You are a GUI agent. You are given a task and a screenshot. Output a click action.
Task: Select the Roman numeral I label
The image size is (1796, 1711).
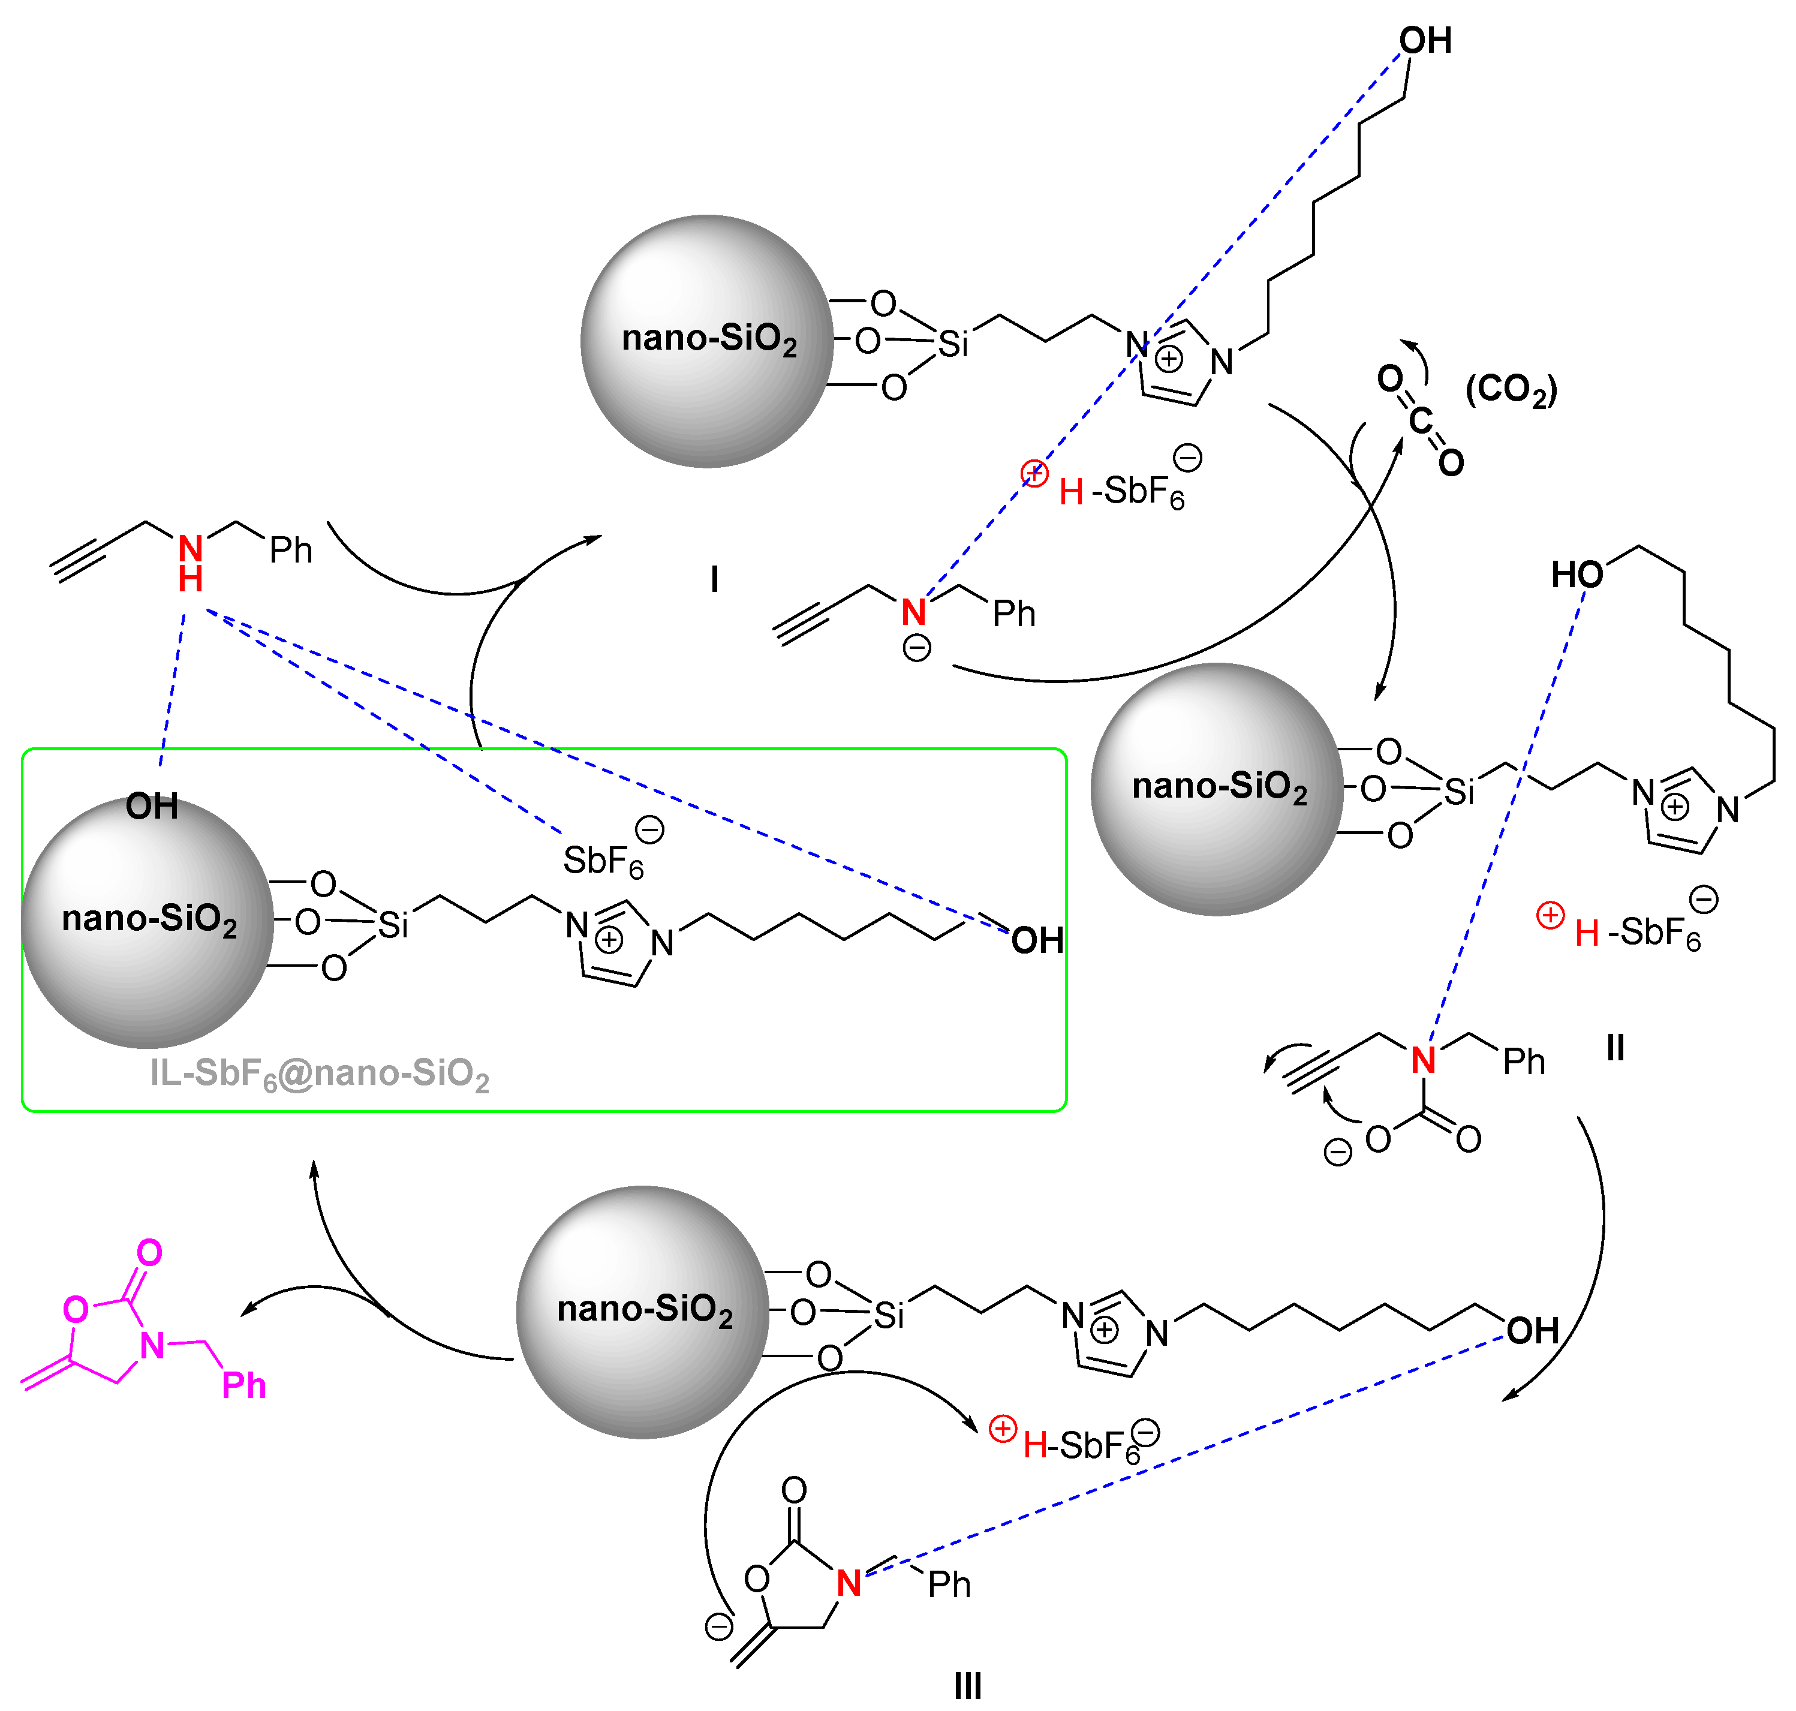(x=714, y=579)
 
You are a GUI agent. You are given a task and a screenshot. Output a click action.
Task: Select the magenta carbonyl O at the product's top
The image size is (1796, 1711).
(x=149, y=1253)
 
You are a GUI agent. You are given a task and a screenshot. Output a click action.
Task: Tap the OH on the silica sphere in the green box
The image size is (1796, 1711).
(x=151, y=806)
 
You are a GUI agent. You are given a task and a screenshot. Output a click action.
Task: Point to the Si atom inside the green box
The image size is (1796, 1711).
(x=393, y=926)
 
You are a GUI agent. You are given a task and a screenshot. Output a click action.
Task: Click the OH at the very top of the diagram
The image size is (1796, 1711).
(x=1425, y=41)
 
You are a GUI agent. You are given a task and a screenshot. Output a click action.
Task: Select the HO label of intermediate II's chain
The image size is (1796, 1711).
(x=1577, y=575)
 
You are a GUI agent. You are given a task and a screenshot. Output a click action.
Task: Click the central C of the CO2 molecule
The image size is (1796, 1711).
(x=1420, y=420)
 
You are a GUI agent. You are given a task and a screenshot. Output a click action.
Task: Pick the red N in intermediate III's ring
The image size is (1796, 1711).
(x=849, y=1583)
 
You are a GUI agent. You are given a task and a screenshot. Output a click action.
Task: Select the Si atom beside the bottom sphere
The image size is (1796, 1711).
(x=889, y=1315)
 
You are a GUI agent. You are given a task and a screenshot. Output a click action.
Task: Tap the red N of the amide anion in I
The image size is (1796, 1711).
(x=913, y=612)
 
